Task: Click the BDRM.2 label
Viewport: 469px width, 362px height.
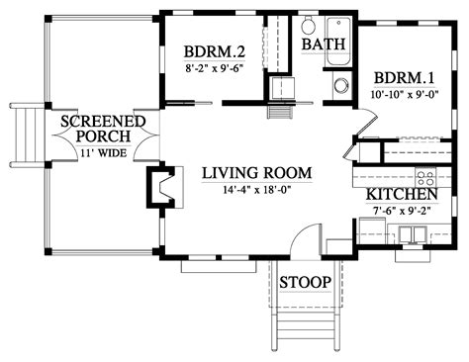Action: click(x=213, y=51)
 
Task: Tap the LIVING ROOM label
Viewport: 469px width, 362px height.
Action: click(x=257, y=173)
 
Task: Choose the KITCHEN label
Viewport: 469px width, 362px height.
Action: click(x=402, y=195)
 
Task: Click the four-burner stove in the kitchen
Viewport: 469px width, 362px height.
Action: click(x=425, y=178)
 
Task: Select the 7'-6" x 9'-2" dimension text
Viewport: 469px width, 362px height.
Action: click(x=403, y=212)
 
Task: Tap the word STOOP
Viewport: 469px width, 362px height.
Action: click(x=304, y=283)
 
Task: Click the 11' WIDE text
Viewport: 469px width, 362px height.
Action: click(x=105, y=153)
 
